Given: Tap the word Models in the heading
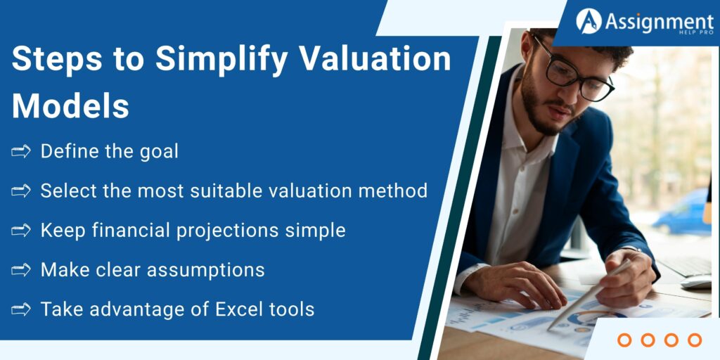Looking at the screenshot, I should pyautogui.click(x=70, y=106).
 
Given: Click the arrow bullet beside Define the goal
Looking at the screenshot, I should pyautogui.click(x=21, y=151).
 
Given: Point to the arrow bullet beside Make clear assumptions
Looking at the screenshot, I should pyautogui.click(x=21, y=269).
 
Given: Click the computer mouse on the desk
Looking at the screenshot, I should pyautogui.click(x=696, y=282).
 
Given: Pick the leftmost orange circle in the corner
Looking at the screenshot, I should pyautogui.click(x=624, y=340).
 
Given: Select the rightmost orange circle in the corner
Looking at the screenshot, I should pyautogui.click(x=695, y=340).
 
